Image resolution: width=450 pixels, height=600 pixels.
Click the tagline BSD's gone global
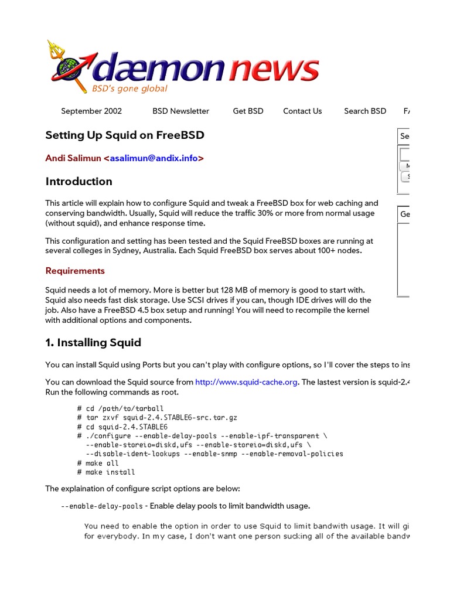(x=129, y=88)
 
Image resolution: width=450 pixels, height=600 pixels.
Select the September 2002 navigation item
(x=91, y=111)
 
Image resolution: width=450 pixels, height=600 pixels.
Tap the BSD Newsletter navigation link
(x=180, y=111)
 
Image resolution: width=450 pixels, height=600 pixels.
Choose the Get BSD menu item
(x=248, y=111)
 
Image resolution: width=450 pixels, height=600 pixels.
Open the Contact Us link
(x=302, y=111)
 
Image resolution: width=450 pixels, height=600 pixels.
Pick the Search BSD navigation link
(x=365, y=111)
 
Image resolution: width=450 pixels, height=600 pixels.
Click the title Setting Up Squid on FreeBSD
(x=125, y=135)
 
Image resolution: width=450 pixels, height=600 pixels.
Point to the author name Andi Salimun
(x=73, y=158)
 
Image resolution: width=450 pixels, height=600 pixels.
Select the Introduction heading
(x=79, y=182)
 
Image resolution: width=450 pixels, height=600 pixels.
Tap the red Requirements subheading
(x=75, y=271)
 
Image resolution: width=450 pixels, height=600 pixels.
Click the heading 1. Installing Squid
(x=93, y=343)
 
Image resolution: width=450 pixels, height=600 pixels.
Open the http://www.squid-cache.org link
(x=247, y=382)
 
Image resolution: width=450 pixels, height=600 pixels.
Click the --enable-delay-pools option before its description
(x=101, y=506)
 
